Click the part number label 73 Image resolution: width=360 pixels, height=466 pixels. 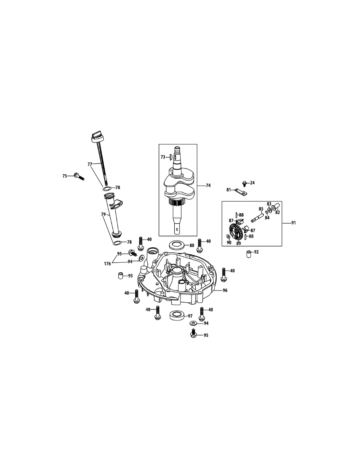pos(163,157)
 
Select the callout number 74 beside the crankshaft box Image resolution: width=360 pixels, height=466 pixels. pos(208,186)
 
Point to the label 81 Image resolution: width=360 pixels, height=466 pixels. pos(229,190)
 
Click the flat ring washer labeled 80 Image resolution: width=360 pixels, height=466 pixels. pos(176,245)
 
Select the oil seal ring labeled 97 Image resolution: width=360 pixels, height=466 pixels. pos(176,315)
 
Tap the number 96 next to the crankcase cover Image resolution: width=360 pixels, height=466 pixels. pos(225,290)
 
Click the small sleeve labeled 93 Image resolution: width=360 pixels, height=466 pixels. pos(120,276)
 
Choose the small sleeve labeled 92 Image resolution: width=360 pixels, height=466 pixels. pos(247,254)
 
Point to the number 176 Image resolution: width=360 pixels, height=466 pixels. pos(107,264)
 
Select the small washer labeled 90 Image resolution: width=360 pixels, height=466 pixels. pos(228,237)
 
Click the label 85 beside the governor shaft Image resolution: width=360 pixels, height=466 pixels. pos(261,209)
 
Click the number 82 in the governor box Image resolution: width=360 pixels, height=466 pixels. pos(277,213)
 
